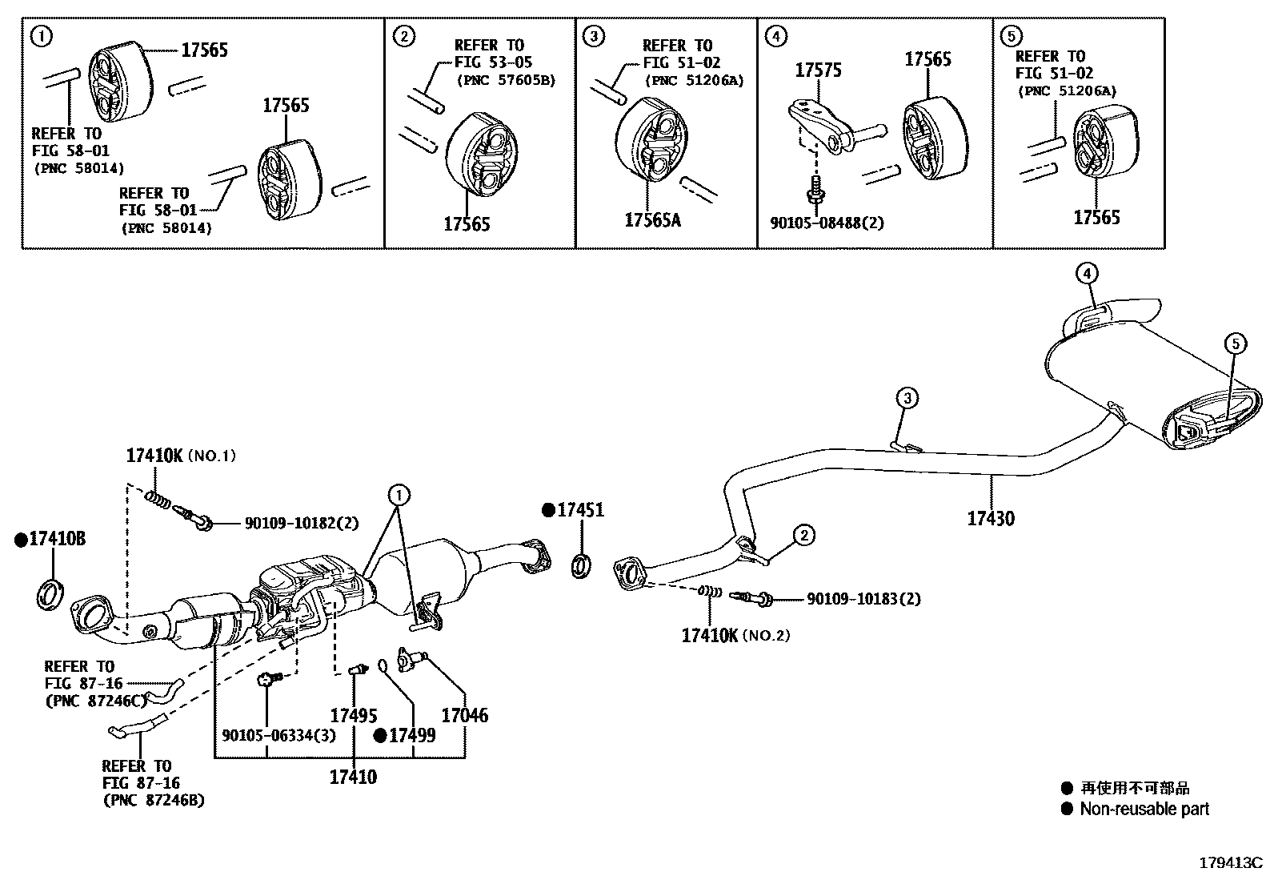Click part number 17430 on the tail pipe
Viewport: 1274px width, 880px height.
990,518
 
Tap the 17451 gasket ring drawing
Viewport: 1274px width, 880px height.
582,565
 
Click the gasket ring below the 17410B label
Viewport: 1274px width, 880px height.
50,594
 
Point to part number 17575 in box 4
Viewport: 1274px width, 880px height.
818,70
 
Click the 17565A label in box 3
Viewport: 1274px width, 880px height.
652,219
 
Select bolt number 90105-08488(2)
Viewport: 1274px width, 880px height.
827,223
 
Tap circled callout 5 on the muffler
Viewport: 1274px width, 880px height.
1235,344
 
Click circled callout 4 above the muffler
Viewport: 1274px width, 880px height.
1086,275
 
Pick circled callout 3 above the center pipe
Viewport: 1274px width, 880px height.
906,397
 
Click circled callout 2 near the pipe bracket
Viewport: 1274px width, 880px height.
803,534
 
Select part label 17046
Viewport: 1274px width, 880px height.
464,715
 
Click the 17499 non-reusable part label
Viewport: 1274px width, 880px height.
411,735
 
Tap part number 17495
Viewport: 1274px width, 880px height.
353,715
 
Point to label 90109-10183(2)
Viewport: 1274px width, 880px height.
863,598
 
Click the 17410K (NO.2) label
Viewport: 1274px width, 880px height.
735,636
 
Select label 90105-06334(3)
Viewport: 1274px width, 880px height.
279,735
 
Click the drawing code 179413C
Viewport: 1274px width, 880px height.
1229,862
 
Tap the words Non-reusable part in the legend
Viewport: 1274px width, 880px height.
1144,809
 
